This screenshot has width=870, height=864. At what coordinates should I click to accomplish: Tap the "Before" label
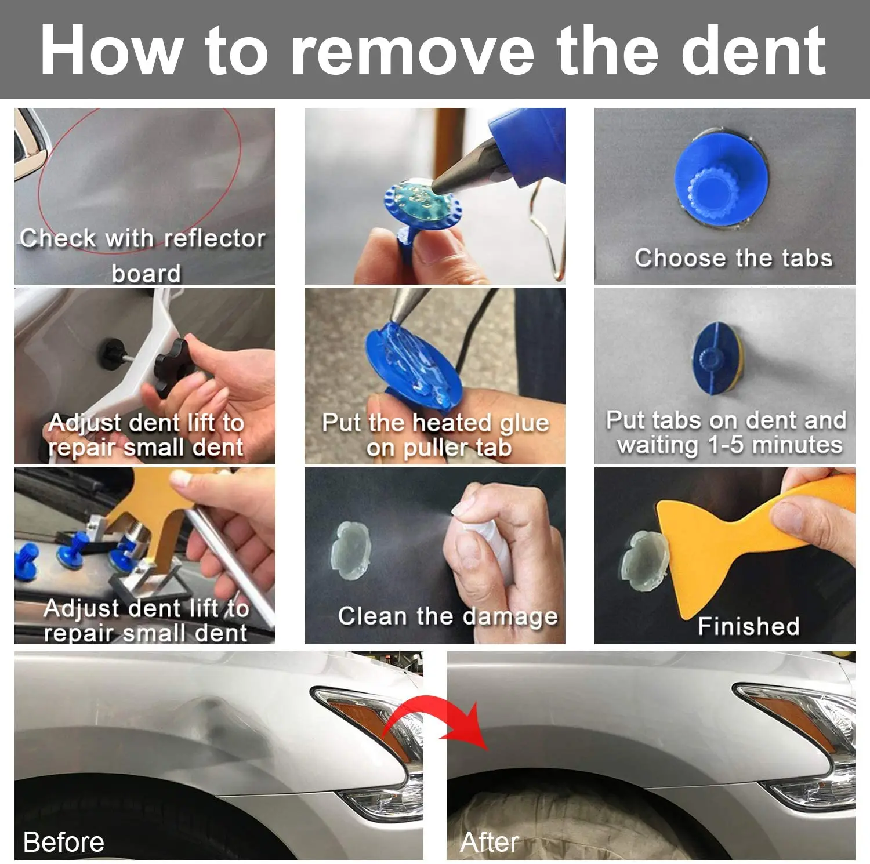coord(64,842)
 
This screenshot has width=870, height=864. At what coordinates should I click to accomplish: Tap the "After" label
coord(490,842)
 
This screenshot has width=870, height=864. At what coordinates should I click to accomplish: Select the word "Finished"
coord(749,626)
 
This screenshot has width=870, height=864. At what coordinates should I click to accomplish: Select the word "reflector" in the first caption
coord(215,238)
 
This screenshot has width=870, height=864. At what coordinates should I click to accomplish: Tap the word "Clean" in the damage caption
coord(372,616)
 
